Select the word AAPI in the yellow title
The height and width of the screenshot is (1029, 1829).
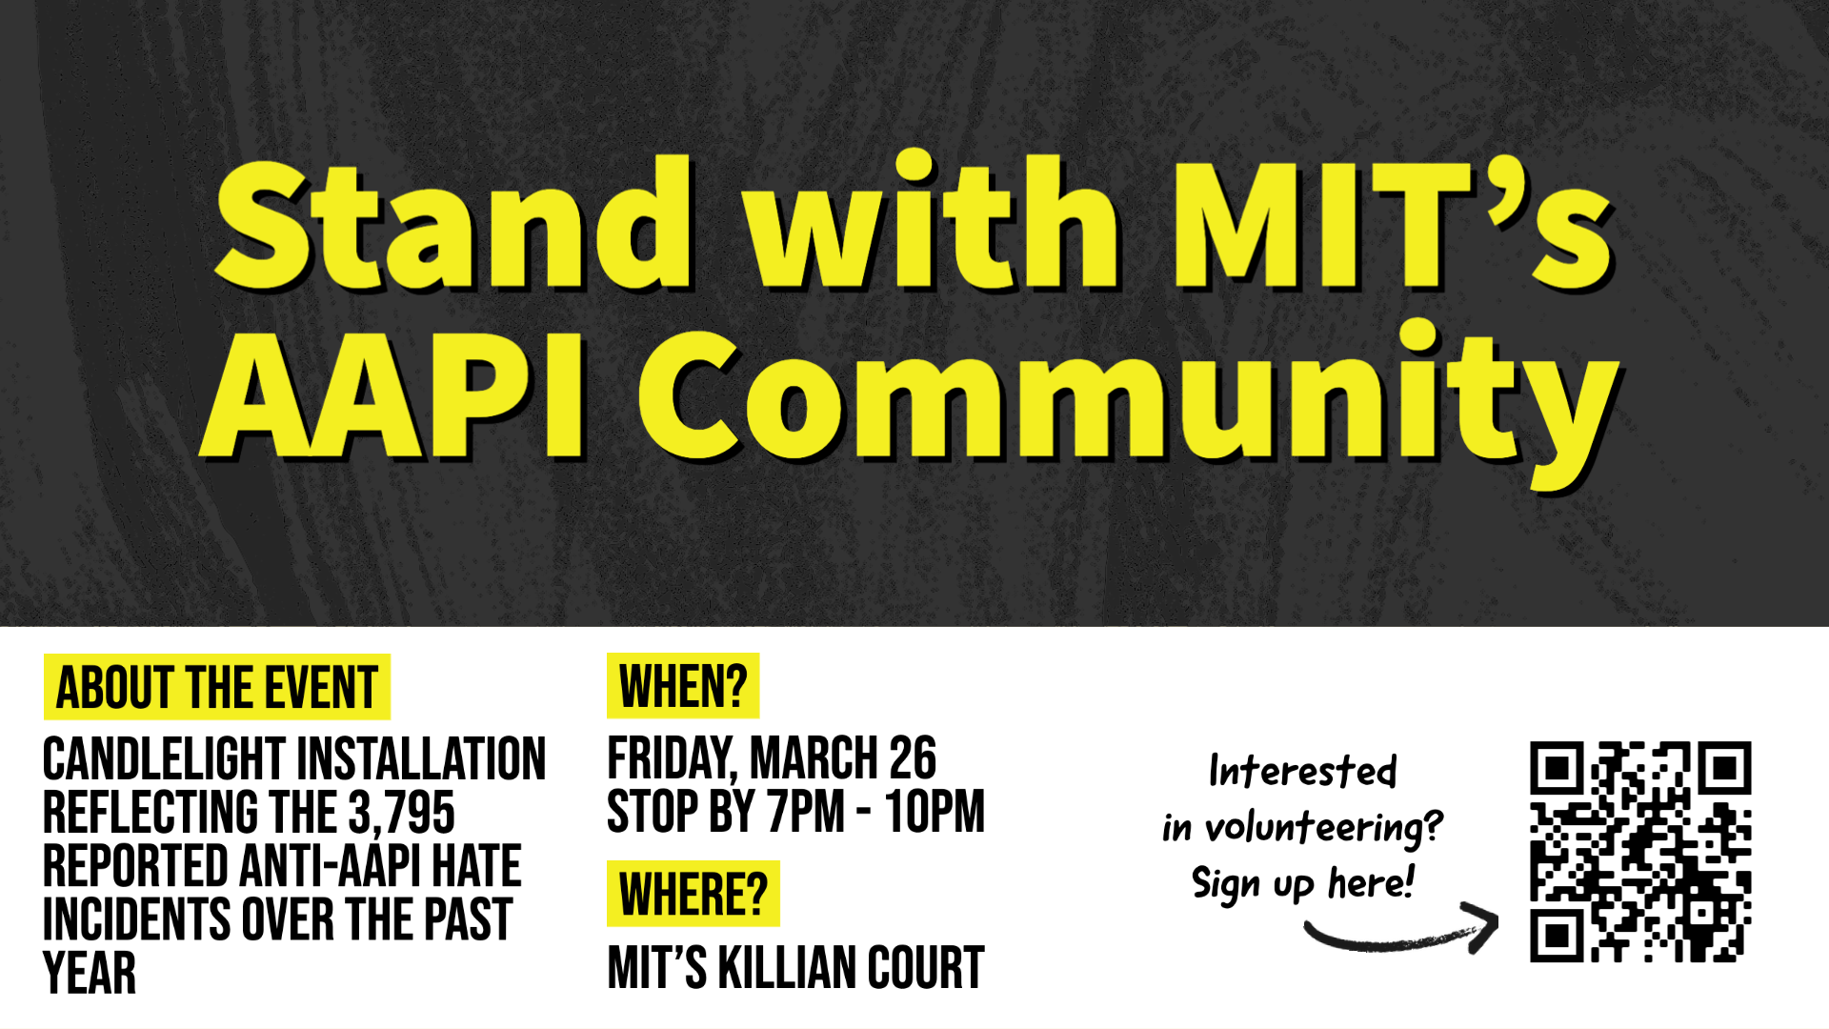coord(392,393)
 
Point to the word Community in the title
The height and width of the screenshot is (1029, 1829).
coord(1130,404)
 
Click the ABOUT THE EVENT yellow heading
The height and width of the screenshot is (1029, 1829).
coord(217,687)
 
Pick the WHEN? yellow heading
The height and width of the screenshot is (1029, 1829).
coord(683,686)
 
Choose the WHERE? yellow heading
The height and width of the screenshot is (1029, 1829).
coord(693,894)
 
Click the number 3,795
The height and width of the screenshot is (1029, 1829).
coord(401,813)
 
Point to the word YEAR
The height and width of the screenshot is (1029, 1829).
coord(90,973)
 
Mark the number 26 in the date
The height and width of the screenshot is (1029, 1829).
coord(913,758)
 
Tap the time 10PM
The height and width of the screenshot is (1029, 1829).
coord(935,812)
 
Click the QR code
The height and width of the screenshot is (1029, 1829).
coord(1640,852)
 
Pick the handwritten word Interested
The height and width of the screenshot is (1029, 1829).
coord(1302,771)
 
